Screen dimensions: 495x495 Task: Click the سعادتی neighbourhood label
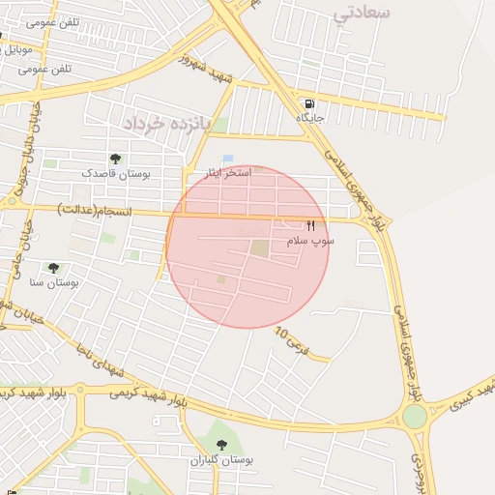coord(362,14)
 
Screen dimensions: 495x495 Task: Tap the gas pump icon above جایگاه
coord(308,103)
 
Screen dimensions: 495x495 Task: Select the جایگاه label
coord(308,117)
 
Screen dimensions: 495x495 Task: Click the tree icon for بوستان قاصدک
coord(116,159)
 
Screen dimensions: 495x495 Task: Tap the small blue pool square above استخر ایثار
coord(228,158)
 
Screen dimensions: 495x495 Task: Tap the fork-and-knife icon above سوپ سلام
coord(310,226)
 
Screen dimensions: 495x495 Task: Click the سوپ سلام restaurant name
coord(310,240)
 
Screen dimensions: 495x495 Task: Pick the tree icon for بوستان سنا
coord(53,268)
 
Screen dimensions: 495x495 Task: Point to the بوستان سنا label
coord(53,282)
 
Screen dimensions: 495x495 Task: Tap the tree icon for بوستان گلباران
coord(221,445)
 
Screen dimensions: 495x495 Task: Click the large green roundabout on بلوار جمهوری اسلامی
coord(415,416)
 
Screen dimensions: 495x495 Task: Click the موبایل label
coord(17,48)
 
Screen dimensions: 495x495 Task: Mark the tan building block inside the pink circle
coord(260,248)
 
